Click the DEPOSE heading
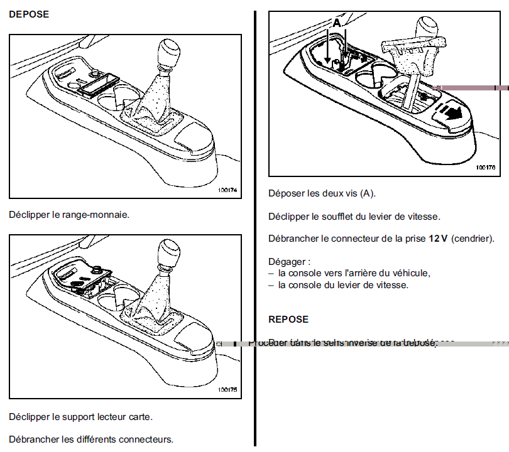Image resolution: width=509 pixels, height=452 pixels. coord(28,14)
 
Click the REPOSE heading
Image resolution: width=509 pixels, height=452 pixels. coord(288,320)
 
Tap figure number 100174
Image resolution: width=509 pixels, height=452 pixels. coord(228,190)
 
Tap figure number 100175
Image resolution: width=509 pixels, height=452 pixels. coord(228,390)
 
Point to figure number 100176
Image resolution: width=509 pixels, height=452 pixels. coord(486,168)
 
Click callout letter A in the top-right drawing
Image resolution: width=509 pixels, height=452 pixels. coord(336,23)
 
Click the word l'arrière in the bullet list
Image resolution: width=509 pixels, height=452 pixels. coord(364,273)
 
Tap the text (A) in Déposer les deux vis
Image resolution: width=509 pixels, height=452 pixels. coord(369,193)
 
